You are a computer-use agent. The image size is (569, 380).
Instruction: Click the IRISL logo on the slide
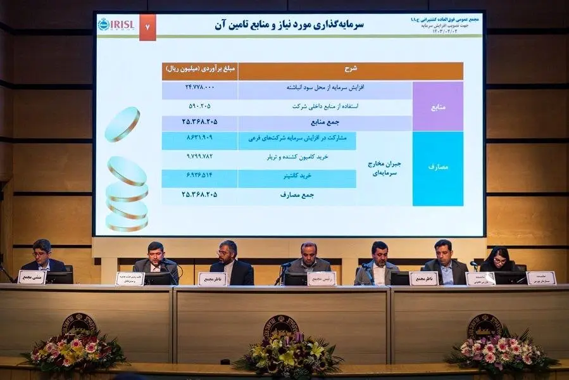point(115,25)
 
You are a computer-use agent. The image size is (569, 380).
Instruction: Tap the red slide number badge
point(147,28)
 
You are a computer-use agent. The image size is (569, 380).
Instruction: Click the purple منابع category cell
point(437,106)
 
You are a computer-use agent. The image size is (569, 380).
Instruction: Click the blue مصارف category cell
point(437,168)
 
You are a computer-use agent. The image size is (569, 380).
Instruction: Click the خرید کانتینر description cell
point(297,179)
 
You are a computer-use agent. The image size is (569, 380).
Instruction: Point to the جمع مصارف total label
point(297,195)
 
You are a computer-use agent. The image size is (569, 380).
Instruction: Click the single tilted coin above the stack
point(122,123)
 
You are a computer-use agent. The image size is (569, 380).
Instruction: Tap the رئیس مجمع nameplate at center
point(322,279)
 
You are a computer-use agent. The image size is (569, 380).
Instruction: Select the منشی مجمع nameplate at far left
point(31,277)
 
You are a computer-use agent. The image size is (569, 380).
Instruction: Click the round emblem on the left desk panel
point(79,324)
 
